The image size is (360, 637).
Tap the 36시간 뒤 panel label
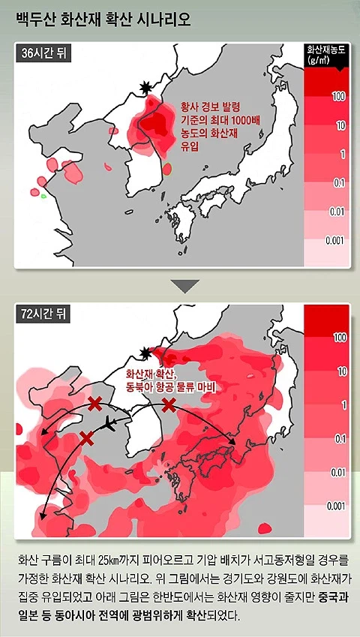(43, 53)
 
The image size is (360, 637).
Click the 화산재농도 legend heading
(326, 55)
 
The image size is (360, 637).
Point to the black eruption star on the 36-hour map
(145, 88)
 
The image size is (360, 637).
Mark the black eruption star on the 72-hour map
(146, 352)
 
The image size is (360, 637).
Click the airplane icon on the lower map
(107, 425)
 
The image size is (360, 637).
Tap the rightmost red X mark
(169, 405)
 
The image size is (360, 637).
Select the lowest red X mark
(86, 437)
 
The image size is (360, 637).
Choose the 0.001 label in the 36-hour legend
(335, 240)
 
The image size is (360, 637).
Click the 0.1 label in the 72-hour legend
(340, 437)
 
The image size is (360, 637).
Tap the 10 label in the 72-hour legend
(341, 371)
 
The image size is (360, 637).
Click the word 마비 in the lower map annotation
(205, 387)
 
